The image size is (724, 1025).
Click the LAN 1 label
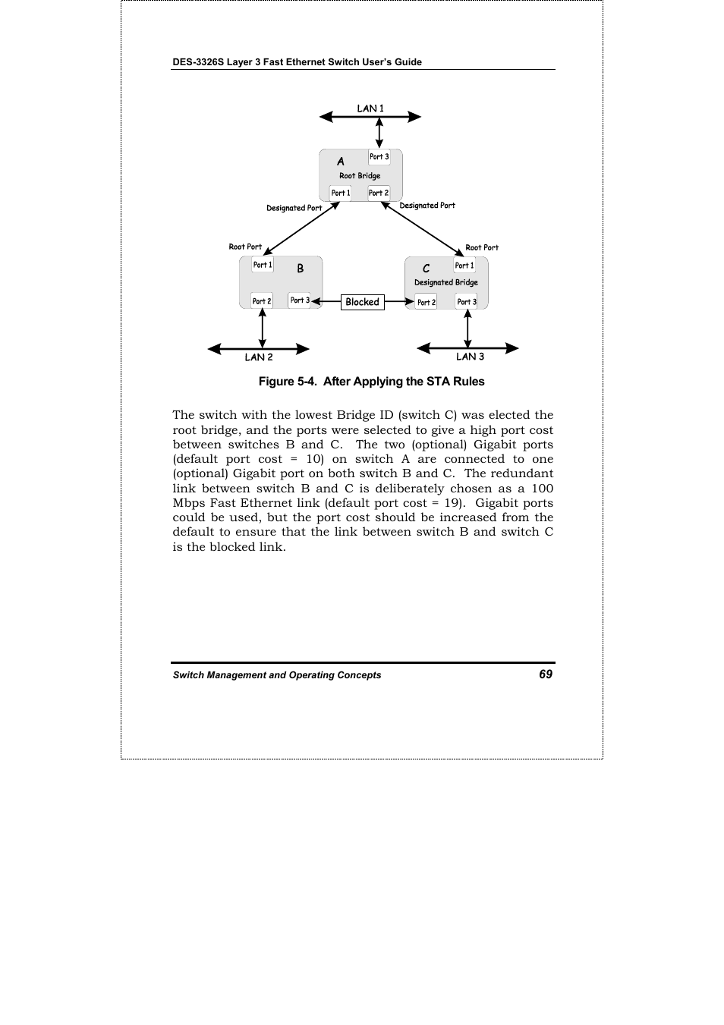click(x=370, y=108)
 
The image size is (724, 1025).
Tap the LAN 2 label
click(x=259, y=357)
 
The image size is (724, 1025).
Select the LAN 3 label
click(x=470, y=357)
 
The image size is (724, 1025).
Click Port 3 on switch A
click(x=379, y=157)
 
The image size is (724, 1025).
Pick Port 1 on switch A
click(x=341, y=193)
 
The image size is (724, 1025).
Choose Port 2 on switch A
click(x=379, y=193)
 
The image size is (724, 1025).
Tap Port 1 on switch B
click(x=263, y=265)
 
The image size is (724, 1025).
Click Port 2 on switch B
click(x=262, y=301)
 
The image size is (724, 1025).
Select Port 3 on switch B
click(x=300, y=300)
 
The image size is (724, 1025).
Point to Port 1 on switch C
click(x=464, y=266)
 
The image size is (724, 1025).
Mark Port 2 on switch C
click(x=427, y=302)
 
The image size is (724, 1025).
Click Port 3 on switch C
click(x=467, y=302)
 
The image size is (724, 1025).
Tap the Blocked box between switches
click(x=362, y=302)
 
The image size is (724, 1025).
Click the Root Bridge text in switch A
click(x=360, y=176)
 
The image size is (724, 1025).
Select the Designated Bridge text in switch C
click(x=446, y=283)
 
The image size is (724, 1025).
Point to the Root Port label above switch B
click(x=245, y=247)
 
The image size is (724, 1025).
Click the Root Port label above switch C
click(x=482, y=247)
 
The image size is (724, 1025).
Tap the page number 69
click(x=546, y=674)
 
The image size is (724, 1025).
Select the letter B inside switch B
click(x=301, y=269)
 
